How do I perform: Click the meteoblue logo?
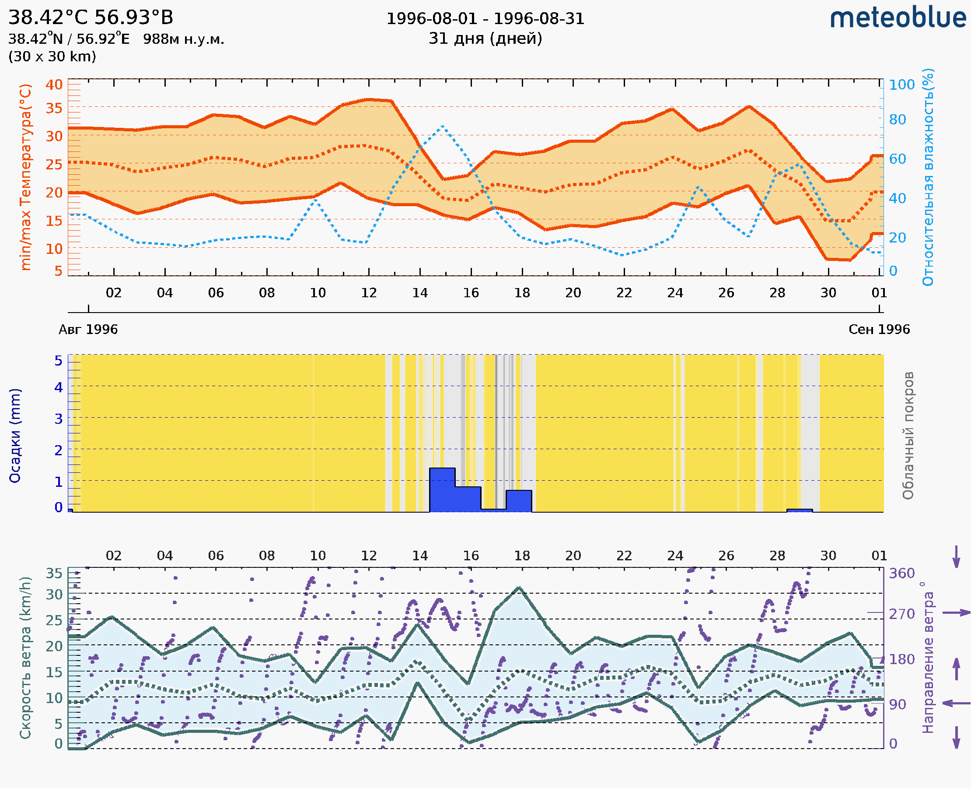coord(898,18)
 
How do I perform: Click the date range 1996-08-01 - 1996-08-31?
coord(485,19)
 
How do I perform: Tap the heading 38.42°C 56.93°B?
coord(91,18)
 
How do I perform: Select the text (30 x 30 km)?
coord(52,56)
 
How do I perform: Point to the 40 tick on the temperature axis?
coord(54,84)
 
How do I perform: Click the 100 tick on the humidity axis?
coord(901,84)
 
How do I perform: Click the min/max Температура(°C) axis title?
coord(26,177)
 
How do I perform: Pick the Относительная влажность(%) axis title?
coord(928,177)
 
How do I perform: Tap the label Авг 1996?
coord(88,329)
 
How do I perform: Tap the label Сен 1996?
coord(879,329)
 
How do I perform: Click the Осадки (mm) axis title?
coord(15,436)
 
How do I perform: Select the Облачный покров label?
coord(908,436)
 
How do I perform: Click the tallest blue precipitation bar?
coord(442,490)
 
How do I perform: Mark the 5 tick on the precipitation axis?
coord(59,361)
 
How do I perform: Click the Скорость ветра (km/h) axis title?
coord(25,658)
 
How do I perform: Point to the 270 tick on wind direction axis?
coord(901,614)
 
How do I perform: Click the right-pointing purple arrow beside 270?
coord(956,613)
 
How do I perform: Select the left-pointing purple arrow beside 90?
coord(956,703)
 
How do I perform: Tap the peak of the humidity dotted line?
coord(442,126)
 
